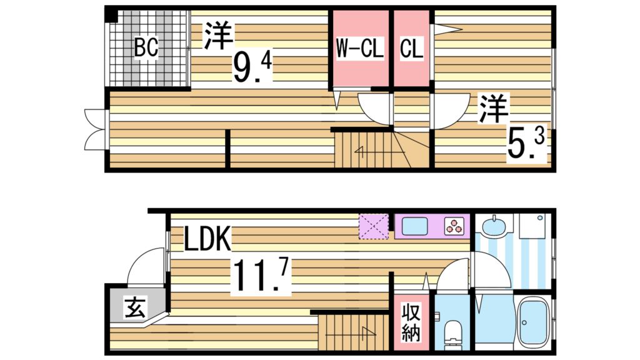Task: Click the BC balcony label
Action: [x=146, y=47]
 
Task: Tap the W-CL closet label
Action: [x=359, y=49]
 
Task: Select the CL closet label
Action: [x=411, y=49]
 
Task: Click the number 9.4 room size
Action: [x=252, y=67]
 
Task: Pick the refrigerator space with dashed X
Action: [x=374, y=226]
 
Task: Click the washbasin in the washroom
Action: [x=494, y=225]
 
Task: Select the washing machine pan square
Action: [x=532, y=228]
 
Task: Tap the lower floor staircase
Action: [x=350, y=332]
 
